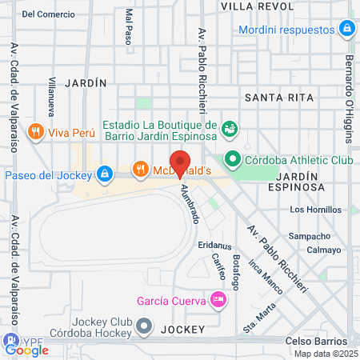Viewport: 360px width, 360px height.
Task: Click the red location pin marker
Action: click(180, 162)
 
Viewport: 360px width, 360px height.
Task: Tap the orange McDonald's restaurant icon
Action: click(141, 169)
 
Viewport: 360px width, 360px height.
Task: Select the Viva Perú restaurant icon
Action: click(34, 131)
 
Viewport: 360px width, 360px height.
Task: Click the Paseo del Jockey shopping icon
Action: click(105, 173)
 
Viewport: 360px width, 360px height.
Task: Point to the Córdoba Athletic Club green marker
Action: click(232, 159)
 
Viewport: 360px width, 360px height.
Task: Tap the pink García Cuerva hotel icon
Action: click(218, 300)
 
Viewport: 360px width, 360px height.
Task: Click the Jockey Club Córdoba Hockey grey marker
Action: click(145, 326)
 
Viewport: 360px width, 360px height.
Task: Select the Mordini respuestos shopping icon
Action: click(346, 30)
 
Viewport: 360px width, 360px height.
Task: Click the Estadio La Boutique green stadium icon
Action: click(230, 128)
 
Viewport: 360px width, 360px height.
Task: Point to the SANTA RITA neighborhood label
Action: click(275, 98)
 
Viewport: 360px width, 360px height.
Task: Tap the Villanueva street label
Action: click(51, 93)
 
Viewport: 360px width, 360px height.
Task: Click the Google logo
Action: click(26, 349)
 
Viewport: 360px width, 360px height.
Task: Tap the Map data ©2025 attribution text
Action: click(326, 354)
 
